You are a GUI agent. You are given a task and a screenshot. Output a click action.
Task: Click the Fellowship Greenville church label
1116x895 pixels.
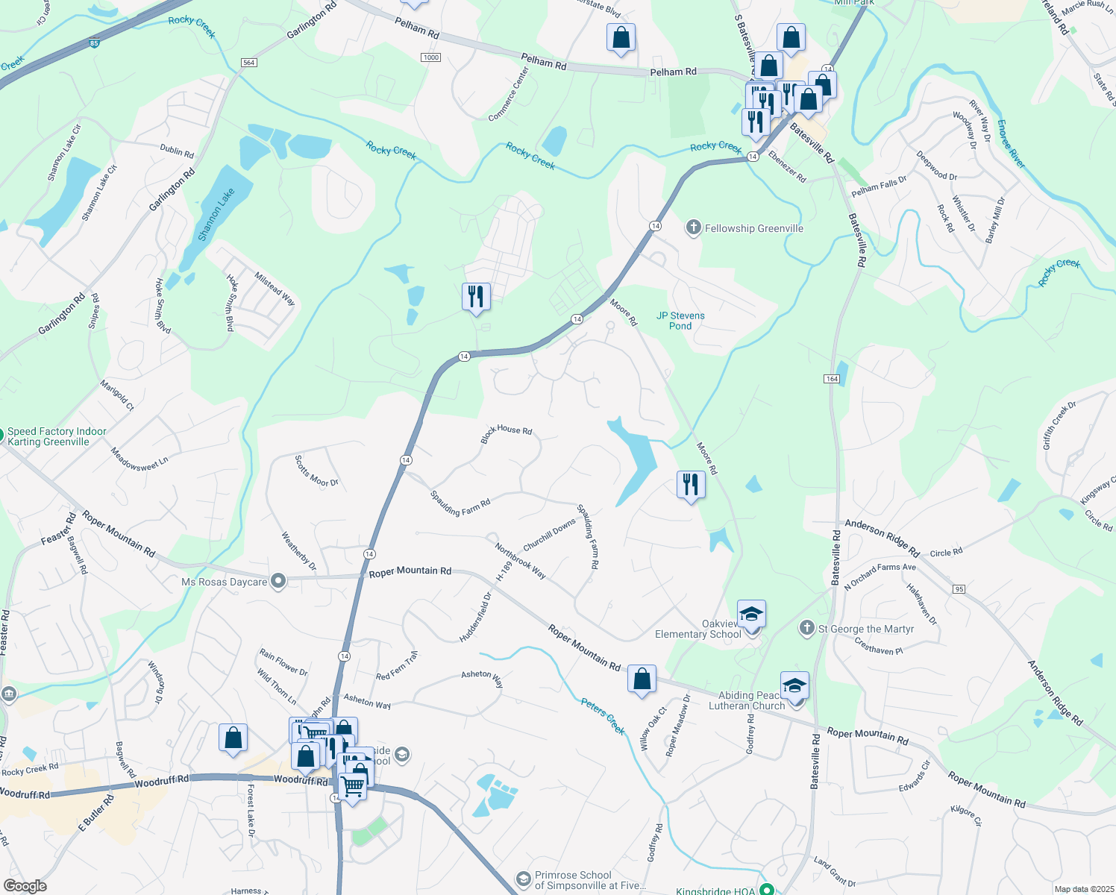pos(753,228)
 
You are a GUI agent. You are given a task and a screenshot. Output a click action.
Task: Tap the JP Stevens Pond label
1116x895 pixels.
pos(680,321)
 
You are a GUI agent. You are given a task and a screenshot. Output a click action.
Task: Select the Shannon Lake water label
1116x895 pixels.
pos(216,214)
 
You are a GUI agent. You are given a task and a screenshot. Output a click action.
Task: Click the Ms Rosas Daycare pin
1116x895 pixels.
pos(278,581)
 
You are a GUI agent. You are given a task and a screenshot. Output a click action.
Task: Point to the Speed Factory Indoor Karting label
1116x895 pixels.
pos(57,437)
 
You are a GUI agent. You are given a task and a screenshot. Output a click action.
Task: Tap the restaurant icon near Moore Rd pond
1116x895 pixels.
pos(691,485)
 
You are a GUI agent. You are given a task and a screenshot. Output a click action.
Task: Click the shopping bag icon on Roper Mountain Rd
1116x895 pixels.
pos(642,679)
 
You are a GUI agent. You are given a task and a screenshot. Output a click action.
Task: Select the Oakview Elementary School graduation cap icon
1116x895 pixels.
pos(751,615)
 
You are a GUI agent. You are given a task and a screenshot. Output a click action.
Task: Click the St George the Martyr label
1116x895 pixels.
pos(865,629)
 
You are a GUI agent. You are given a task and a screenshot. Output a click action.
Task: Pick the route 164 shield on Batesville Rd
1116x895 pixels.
pos(832,379)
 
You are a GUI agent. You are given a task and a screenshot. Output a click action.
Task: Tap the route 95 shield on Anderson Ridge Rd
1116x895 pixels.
pos(959,589)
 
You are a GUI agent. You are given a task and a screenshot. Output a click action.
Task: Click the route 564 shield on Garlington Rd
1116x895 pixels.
pos(249,63)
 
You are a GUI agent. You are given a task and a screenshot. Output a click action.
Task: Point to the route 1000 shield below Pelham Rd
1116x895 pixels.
pos(430,57)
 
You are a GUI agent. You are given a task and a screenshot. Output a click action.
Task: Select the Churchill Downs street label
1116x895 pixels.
pos(550,535)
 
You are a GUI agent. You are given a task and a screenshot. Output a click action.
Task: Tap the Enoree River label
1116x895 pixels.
pos(1011,143)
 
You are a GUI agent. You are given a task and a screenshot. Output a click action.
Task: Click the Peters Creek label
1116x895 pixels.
pos(603,716)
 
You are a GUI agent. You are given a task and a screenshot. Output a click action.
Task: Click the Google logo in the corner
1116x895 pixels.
pos(25,886)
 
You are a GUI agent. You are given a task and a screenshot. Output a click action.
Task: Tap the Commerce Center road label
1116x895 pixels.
pos(509,95)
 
